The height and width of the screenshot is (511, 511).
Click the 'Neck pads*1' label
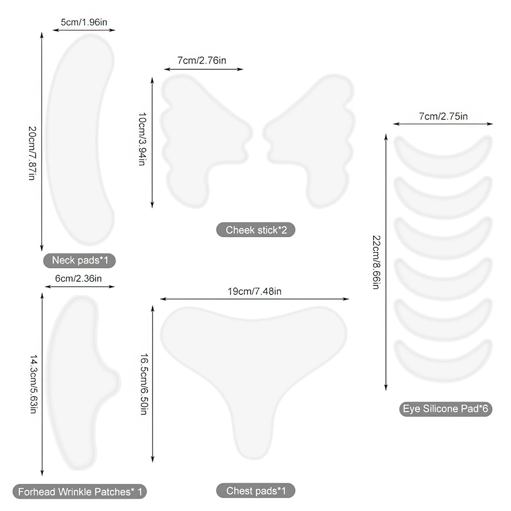tap(79, 260)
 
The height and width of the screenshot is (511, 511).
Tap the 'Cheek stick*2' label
tap(255, 230)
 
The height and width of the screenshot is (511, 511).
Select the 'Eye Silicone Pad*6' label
tap(445, 409)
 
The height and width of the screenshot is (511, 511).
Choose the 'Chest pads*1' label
tap(255, 491)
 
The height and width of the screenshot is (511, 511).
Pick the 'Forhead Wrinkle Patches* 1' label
tap(80, 492)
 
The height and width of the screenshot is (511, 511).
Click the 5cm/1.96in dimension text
tap(84, 22)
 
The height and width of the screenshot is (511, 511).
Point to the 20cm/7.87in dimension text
tap(32, 153)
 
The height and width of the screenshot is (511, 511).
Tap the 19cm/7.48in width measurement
tap(254, 292)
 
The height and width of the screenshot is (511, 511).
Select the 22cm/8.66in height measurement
tap(376, 262)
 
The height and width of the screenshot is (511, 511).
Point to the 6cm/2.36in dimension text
tap(78, 278)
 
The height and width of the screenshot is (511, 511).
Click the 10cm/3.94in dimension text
tap(142, 139)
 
